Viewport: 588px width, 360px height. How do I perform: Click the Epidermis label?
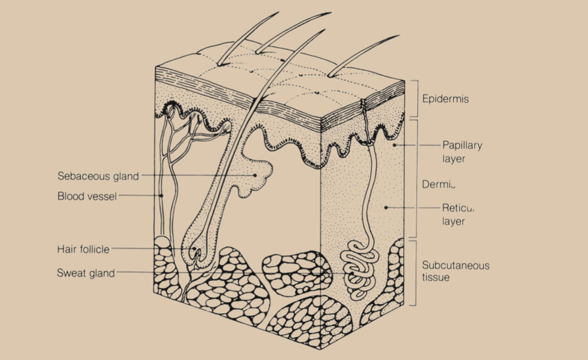click(x=445, y=99)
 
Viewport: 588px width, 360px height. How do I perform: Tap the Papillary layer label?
click(x=462, y=151)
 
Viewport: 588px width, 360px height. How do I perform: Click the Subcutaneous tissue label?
click(x=456, y=271)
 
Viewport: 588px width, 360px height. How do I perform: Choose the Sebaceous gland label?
click(x=98, y=175)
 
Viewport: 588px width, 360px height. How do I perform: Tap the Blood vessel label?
click(x=87, y=196)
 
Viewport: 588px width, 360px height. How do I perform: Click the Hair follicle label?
click(x=83, y=249)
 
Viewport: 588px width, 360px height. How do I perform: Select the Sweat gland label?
click(x=86, y=273)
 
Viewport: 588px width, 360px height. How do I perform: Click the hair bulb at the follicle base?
click(x=196, y=250)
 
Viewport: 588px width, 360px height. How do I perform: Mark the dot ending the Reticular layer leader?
click(x=386, y=207)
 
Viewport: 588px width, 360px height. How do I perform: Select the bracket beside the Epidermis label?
click(x=417, y=99)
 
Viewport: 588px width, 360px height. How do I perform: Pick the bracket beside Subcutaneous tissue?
click(x=417, y=272)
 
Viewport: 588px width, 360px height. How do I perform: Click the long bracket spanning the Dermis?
click(x=417, y=179)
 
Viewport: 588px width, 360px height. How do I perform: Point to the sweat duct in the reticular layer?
click(x=372, y=188)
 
